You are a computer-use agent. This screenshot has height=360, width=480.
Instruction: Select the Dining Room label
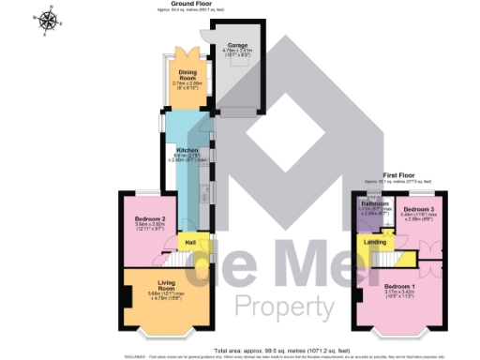(x=188, y=79)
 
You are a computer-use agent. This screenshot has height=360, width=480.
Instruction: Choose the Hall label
(x=190, y=243)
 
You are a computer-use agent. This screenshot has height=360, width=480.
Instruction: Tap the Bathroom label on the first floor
(x=376, y=203)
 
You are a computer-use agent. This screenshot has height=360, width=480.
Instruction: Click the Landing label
(x=375, y=243)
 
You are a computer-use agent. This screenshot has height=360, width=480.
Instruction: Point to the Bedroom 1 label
(x=399, y=285)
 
